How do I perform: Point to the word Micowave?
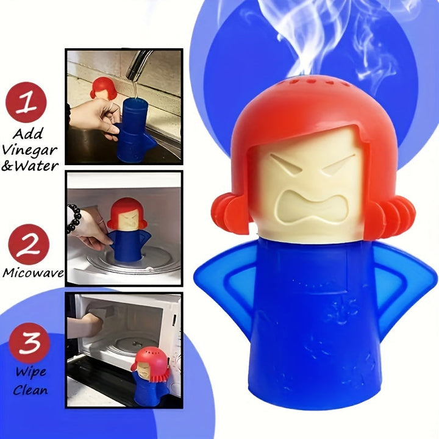point(33,273)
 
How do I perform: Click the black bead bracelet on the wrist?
point(73,218)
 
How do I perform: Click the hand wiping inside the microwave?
point(91,324)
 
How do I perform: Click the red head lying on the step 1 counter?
point(101,87)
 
